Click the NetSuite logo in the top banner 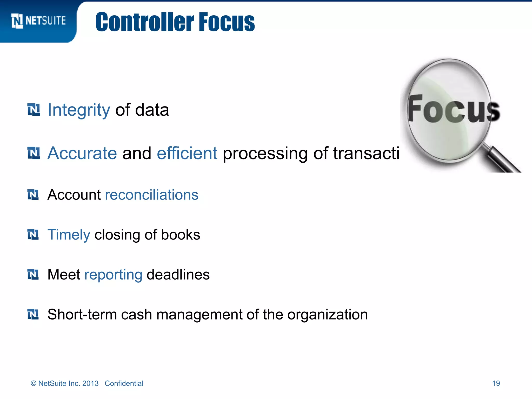coord(38,21)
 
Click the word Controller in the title coord(144,22)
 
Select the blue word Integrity coord(79,110)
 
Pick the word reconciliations coord(151,195)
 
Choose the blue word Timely coord(69,235)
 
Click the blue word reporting coord(113,275)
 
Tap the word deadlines coord(178,275)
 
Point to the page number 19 coord(496,383)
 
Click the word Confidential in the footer coord(124,383)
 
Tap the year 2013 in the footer coord(90,383)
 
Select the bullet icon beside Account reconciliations coord(33,195)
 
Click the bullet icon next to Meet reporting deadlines coord(33,275)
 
